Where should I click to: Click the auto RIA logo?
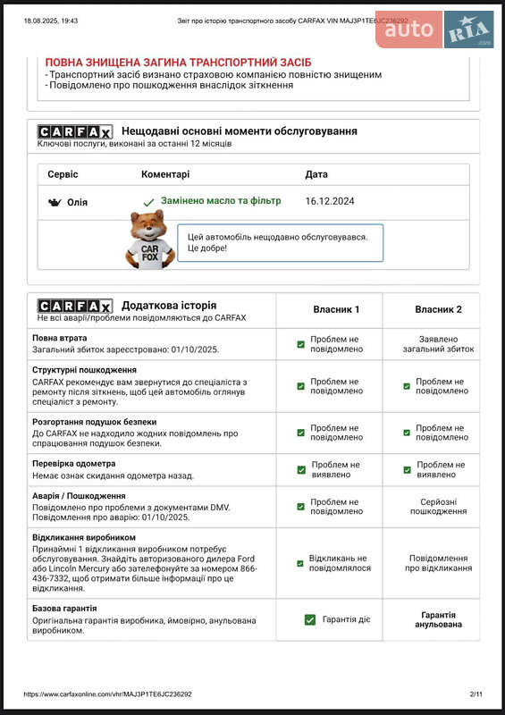[x=434, y=29]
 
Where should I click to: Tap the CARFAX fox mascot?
[x=148, y=240]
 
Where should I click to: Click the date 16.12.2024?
[x=330, y=201]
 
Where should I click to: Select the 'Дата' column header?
[x=316, y=174]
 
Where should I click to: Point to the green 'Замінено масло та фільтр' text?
[x=221, y=201]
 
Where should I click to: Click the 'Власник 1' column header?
[x=336, y=309]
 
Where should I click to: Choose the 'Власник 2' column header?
[x=438, y=309]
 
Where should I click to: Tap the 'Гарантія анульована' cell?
[x=438, y=619]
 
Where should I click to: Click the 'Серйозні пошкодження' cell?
[x=438, y=506]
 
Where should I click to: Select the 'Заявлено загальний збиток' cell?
[x=438, y=344]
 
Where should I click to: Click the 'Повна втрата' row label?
[x=60, y=339]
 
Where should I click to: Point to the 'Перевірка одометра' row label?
[x=74, y=464]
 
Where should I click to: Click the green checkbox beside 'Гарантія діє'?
[x=310, y=619]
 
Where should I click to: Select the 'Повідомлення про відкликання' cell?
[x=438, y=562]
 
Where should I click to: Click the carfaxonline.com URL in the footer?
[x=108, y=694]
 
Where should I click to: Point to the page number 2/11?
[x=476, y=694]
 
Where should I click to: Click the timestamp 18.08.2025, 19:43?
[x=51, y=20]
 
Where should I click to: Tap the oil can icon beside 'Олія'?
[x=54, y=202]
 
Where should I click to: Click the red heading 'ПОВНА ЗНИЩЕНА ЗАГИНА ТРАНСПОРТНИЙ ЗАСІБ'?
[x=178, y=62]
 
